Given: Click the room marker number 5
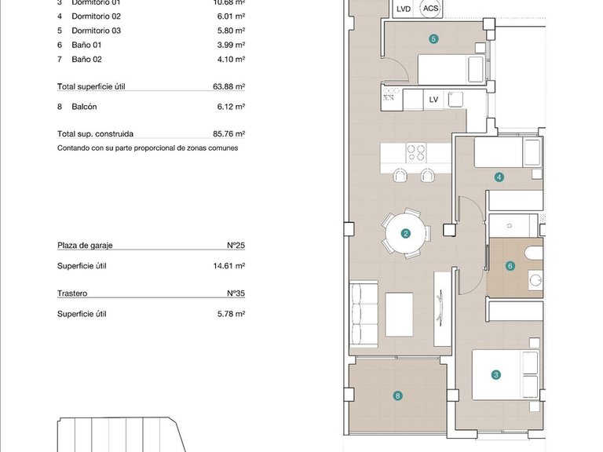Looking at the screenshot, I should pyautogui.click(x=433, y=38).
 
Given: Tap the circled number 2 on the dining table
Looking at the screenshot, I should pyautogui.click(x=406, y=233).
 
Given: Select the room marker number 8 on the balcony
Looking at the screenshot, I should pyautogui.click(x=398, y=396).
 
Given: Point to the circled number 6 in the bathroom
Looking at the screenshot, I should pyautogui.click(x=510, y=266).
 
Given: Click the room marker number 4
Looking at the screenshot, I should pyautogui.click(x=499, y=177).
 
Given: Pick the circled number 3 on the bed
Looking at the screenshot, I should pyautogui.click(x=496, y=375).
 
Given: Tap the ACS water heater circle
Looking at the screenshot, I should pyautogui.click(x=430, y=9).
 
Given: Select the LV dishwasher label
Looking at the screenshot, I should pyautogui.click(x=433, y=100).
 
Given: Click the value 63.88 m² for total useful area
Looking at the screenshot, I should pyautogui.click(x=229, y=86).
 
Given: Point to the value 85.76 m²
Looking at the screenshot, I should pyautogui.click(x=229, y=134).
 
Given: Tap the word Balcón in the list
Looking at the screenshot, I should pyautogui.click(x=84, y=106).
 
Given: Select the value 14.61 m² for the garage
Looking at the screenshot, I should pyautogui.click(x=230, y=266).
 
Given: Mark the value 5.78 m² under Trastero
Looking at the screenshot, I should pyautogui.click(x=232, y=314).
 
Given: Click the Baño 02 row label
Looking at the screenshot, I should pyautogui.click(x=86, y=59).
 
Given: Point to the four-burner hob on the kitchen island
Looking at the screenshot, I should pyautogui.click(x=416, y=152).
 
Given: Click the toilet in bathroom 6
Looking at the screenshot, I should pyautogui.click(x=533, y=253).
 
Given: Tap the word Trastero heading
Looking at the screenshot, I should pyautogui.click(x=72, y=293).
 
